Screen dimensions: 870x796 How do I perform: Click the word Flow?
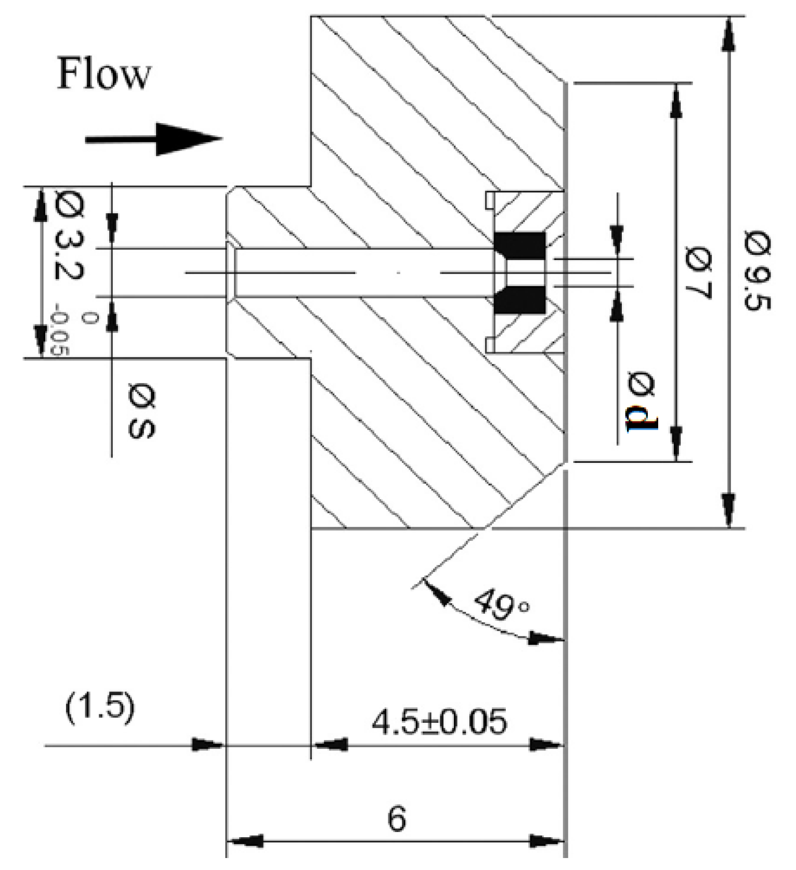point(103,74)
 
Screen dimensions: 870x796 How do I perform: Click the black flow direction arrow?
point(154,139)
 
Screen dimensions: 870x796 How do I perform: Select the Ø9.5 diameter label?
point(758,272)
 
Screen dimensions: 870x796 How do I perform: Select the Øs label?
point(141,411)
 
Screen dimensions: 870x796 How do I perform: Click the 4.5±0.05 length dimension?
point(438,722)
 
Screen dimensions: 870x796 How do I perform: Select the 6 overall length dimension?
point(397,820)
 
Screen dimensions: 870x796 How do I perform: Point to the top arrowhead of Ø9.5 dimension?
point(729,33)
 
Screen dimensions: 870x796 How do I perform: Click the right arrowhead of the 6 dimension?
point(547,841)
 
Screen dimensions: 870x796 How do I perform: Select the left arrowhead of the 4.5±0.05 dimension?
point(331,745)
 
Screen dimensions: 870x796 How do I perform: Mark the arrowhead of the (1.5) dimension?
point(207,745)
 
